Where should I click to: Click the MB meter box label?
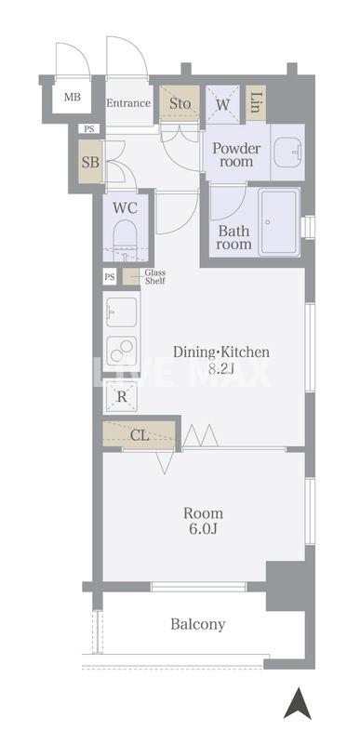(x=73, y=98)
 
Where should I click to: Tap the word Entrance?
(x=128, y=103)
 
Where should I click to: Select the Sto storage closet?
(x=180, y=104)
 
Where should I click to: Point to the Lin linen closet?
(x=256, y=102)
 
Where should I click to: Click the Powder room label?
(x=236, y=154)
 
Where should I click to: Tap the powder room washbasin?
(x=287, y=152)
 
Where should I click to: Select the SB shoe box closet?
(x=90, y=162)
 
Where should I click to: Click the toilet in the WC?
(x=127, y=240)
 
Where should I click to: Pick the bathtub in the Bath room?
(x=280, y=221)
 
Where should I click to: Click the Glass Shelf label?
(x=154, y=276)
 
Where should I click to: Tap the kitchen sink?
(x=122, y=312)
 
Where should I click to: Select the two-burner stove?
(x=122, y=352)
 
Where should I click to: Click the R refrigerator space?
(x=122, y=397)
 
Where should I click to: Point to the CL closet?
(x=139, y=435)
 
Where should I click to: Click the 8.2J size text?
(x=222, y=368)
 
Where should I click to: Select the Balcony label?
(x=198, y=624)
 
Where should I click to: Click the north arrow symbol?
(x=298, y=703)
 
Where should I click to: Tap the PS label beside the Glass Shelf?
(x=110, y=276)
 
